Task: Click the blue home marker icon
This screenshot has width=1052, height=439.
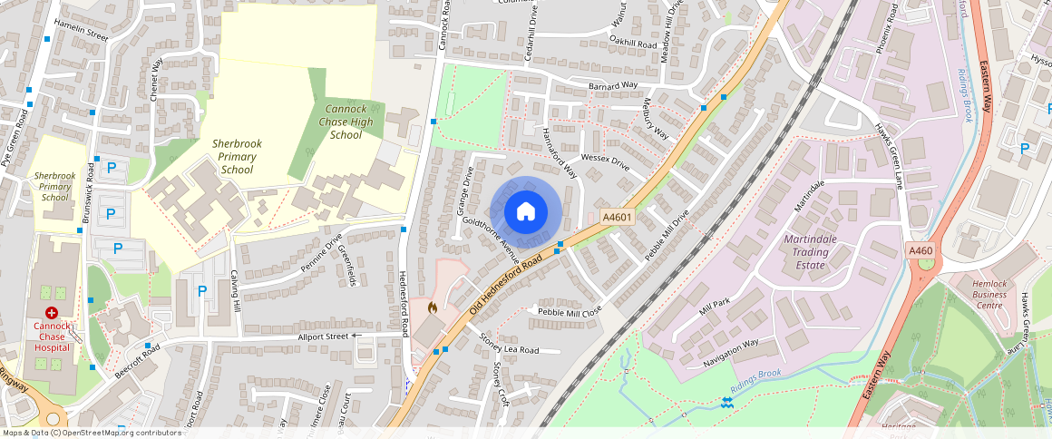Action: click(525, 211)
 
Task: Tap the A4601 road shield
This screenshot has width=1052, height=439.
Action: click(617, 218)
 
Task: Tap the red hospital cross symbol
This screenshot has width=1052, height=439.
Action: click(52, 312)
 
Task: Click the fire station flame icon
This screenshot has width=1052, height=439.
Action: click(432, 309)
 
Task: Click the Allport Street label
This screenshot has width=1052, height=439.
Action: click(324, 337)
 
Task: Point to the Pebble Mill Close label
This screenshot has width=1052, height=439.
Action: click(570, 311)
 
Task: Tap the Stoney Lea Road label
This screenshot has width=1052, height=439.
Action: click(509, 344)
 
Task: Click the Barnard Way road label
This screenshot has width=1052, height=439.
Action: click(613, 86)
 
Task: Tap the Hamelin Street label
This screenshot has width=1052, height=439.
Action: click(81, 31)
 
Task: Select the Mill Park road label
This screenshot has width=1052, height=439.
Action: click(715, 307)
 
